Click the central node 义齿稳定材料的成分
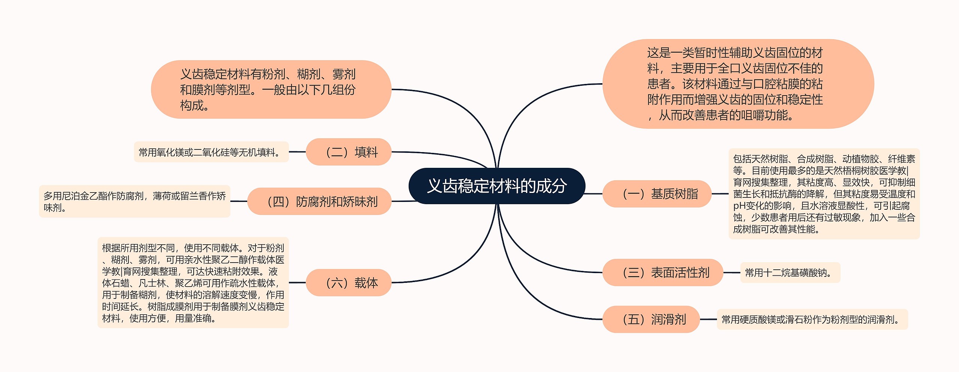(497, 186)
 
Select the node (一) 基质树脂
(657, 194)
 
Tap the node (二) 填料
(348, 152)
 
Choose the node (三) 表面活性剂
(662, 272)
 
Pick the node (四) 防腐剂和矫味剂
(319, 201)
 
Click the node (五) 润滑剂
(651, 319)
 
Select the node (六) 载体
(348, 282)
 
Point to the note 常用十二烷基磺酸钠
(790, 272)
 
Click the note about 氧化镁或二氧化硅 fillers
(211, 152)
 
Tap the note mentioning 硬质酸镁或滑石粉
(812, 320)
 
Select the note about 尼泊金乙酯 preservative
(134, 201)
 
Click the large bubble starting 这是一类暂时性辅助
(738, 84)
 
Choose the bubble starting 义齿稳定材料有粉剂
(271, 90)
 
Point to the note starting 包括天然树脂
(824, 194)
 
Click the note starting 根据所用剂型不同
(193, 282)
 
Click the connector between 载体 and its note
(297, 282)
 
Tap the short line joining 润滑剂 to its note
(708, 319)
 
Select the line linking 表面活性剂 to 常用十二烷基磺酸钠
(732, 272)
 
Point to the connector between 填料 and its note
(297, 152)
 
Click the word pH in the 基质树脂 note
(739, 206)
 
